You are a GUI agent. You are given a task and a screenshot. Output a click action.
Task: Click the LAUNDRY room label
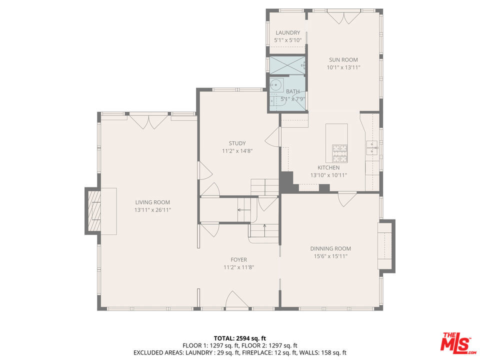click(287, 33)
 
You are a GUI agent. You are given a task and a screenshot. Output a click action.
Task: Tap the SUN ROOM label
click(343, 60)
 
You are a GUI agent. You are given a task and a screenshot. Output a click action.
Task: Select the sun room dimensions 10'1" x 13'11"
click(343, 67)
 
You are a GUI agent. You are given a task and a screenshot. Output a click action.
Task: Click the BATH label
click(292, 91)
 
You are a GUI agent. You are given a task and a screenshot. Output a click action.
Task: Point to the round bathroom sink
click(276, 85)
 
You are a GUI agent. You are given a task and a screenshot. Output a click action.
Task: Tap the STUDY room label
click(237, 143)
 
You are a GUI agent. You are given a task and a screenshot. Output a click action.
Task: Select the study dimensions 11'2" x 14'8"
click(237, 151)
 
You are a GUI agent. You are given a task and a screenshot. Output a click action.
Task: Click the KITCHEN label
click(328, 168)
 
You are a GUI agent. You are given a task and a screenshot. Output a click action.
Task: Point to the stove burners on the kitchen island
click(340, 148)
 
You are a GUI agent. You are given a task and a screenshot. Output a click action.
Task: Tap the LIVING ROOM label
click(152, 202)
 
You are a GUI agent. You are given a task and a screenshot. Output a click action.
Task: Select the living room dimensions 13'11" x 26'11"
click(152, 210)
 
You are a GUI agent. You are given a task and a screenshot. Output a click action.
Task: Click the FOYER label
click(238, 260)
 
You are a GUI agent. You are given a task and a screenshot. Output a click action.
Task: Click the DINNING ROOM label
click(330, 248)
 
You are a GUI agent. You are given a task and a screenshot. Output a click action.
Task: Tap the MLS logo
click(456, 342)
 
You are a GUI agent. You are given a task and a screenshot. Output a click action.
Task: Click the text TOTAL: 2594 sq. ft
click(239, 337)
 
